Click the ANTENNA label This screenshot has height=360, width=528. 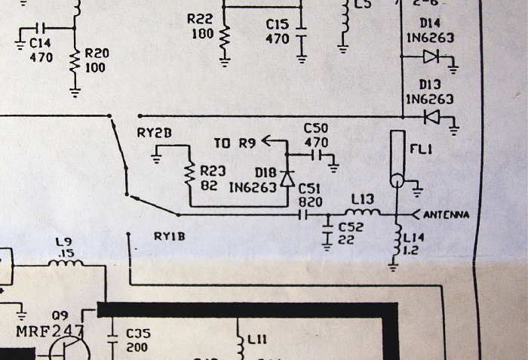[447, 215]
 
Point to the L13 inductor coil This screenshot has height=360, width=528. [364, 212]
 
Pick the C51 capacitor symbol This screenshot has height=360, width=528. [304, 215]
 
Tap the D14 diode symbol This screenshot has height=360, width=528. [431, 56]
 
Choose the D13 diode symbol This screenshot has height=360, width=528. [431, 117]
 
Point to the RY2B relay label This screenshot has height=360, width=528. [155, 133]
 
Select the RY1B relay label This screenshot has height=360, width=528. [170, 236]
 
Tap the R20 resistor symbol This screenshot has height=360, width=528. [75, 63]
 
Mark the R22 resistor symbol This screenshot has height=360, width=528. [224, 41]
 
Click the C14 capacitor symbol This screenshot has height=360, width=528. [47, 29]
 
